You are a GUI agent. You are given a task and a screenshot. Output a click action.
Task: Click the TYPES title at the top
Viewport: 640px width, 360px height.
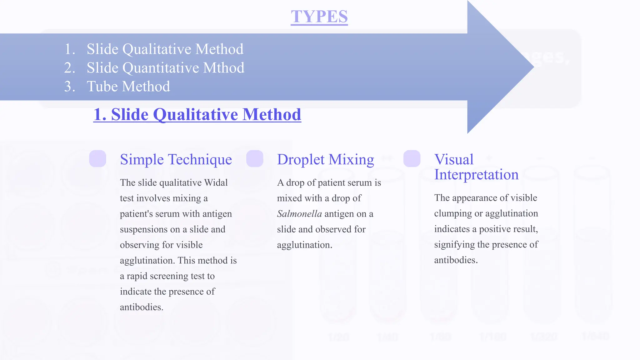click(x=319, y=17)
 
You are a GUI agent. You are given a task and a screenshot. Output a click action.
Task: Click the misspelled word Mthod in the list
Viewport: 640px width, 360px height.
click(x=223, y=68)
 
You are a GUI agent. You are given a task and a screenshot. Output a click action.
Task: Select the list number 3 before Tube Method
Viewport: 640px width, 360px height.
click(x=69, y=87)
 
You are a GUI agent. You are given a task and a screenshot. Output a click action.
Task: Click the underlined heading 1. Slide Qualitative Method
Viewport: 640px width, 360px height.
click(x=197, y=114)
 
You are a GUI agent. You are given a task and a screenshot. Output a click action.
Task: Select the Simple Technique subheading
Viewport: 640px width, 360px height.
click(x=176, y=159)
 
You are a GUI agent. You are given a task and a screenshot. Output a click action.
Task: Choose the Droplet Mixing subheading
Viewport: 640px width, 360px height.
click(x=325, y=159)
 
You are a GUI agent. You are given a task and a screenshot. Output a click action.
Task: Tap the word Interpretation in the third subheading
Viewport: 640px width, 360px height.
click(x=476, y=174)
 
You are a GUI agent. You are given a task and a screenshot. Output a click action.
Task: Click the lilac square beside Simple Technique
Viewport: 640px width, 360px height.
click(x=97, y=159)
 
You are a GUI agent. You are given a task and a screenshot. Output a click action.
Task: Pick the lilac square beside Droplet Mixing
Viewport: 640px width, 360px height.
click(x=255, y=159)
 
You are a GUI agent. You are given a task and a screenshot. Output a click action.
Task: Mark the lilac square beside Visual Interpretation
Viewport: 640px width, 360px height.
click(x=412, y=159)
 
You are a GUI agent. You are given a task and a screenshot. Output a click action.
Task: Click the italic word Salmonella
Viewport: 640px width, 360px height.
click(x=299, y=214)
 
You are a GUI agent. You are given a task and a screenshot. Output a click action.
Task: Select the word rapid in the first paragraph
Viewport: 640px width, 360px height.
click(x=137, y=276)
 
